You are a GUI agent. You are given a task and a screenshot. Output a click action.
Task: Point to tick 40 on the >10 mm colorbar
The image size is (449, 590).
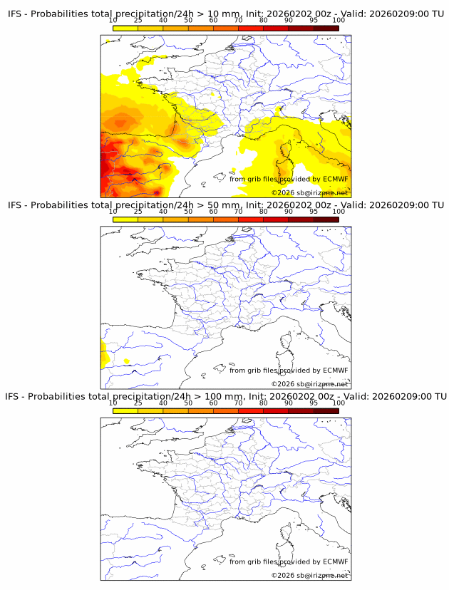[163, 21]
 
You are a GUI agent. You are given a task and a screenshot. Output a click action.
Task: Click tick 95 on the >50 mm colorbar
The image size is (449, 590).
[314, 212]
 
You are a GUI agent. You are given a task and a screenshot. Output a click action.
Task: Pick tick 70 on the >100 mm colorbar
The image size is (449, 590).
[239, 403]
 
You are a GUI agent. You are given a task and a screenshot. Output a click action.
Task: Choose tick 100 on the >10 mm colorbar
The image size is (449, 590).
[339, 21]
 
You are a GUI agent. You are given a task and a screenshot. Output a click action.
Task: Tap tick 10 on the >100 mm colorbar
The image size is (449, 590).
[113, 403]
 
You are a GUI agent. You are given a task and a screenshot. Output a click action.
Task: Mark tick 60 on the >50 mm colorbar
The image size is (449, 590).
[213, 212]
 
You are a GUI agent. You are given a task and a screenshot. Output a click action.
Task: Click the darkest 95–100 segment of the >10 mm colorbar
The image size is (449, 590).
[326, 28]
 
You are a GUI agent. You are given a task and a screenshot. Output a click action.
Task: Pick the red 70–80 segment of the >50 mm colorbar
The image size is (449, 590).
[251, 219]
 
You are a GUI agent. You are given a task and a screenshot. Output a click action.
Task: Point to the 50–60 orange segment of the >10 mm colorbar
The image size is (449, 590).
[201, 28]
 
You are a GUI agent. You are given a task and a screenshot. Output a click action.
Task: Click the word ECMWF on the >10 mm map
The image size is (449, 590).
[336, 179]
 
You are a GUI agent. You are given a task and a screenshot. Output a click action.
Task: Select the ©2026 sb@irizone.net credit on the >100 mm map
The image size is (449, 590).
[309, 575]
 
